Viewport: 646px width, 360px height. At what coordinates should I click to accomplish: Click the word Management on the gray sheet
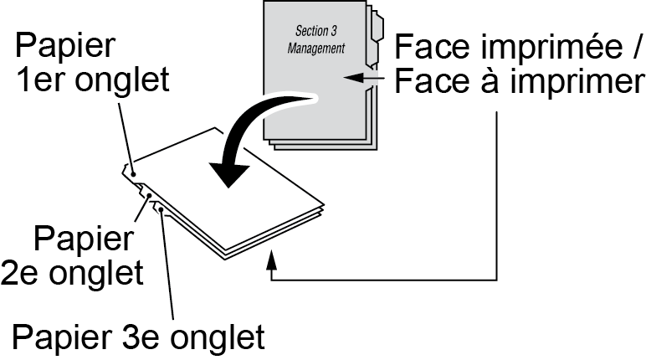click(315, 49)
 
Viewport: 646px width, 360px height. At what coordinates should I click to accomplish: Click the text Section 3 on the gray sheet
click(315, 30)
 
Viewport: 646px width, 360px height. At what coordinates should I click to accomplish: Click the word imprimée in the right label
click(539, 44)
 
